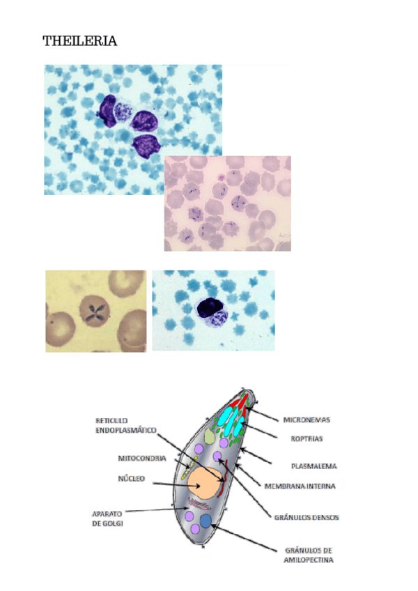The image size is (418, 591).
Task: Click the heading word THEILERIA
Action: [x=80, y=42]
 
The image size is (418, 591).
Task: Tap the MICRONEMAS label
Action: [x=306, y=420]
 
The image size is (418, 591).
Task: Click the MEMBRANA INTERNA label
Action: [x=300, y=486]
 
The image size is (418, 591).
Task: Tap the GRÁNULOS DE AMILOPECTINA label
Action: [x=308, y=555]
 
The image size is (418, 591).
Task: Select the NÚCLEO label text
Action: [x=131, y=479]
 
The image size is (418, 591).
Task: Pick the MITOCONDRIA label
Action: [x=141, y=459]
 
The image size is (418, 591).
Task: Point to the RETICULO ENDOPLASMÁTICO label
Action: [x=125, y=426]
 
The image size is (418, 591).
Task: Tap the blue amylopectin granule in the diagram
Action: [x=206, y=522]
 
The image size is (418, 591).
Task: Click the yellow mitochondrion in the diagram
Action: [x=187, y=468]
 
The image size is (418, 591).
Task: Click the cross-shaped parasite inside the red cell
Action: [x=94, y=312]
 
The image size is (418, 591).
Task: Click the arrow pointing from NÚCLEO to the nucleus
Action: [x=170, y=482]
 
